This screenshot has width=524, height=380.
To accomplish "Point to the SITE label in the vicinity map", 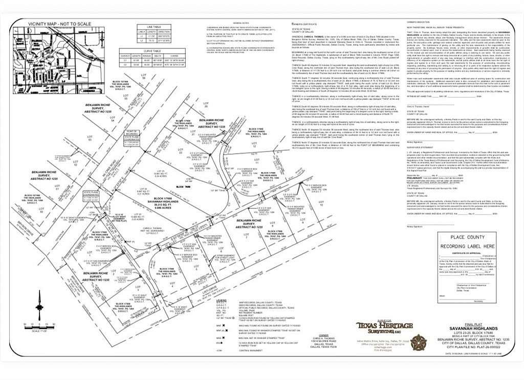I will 22,53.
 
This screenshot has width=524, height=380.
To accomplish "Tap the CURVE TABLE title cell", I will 154,51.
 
